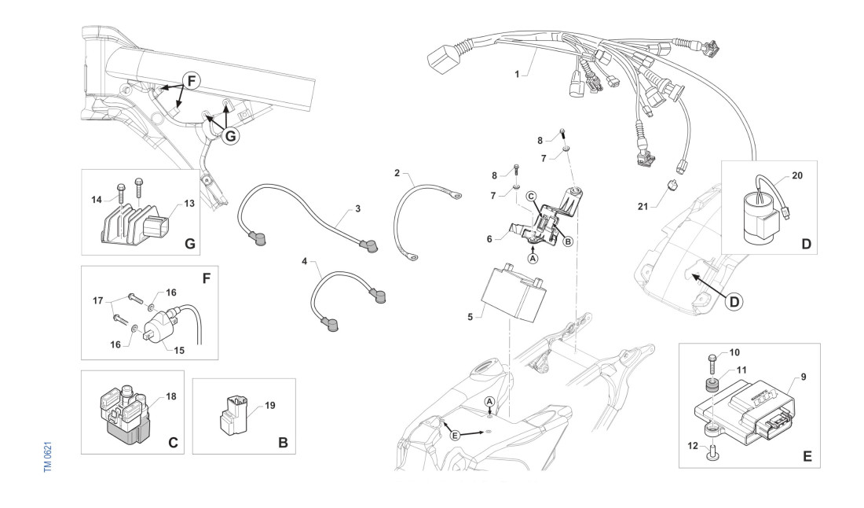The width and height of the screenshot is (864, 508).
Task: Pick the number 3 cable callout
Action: (357, 209)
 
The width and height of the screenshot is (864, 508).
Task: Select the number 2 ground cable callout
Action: (397, 172)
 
